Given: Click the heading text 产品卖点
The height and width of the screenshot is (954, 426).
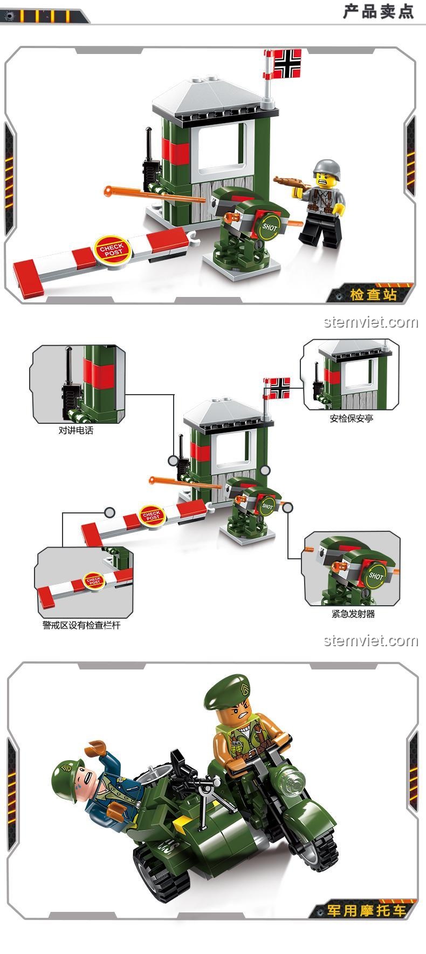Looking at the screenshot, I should pyautogui.click(x=378, y=11).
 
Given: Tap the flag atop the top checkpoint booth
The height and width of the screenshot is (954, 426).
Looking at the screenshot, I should pyautogui.click(x=287, y=64).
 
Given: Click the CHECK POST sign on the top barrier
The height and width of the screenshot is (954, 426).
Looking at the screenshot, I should pyautogui.click(x=112, y=249).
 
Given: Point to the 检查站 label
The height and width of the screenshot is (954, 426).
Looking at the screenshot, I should pyautogui.click(x=373, y=294).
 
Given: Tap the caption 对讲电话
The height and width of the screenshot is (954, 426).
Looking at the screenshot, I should pyautogui.click(x=75, y=430).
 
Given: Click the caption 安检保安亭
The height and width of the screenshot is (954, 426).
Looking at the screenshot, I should pyautogui.click(x=351, y=418).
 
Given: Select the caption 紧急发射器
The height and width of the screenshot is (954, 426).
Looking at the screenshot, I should pyautogui.click(x=353, y=613).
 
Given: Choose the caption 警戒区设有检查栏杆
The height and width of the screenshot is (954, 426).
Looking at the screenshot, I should pyautogui.click(x=81, y=625).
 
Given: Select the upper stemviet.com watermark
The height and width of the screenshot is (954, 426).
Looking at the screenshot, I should pyautogui.click(x=370, y=322).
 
